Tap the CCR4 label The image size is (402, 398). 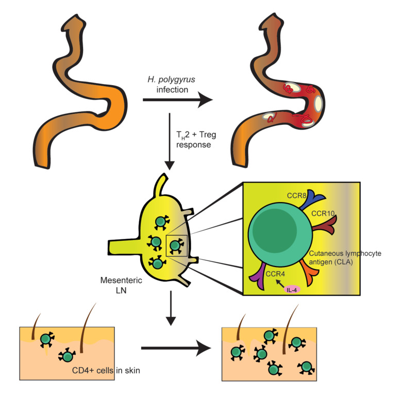(276, 274)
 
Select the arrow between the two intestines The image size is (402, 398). (177, 101)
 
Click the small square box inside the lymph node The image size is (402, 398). (176, 245)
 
